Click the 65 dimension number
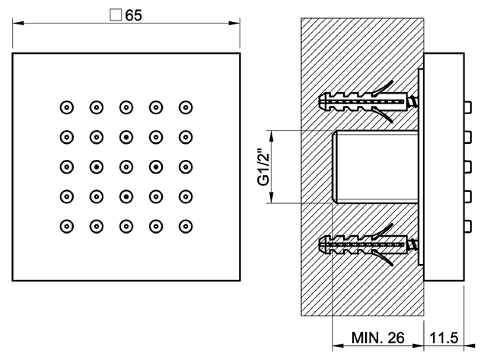(x=134, y=15)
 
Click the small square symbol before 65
(x=116, y=15)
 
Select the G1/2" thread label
(x=263, y=167)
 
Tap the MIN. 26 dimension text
(x=377, y=338)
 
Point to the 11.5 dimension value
(x=444, y=338)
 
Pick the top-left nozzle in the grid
(x=67, y=107)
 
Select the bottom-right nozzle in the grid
(x=186, y=227)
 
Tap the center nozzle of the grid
(x=126, y=167)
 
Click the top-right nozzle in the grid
(x=186, y=107)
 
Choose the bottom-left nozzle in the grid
(x=67, y=227)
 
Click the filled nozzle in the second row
(x=126, y=137)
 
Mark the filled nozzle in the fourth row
(x=126, y=196)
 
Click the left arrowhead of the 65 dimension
(x=18, y=24)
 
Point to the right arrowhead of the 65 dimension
(x=234, y=24)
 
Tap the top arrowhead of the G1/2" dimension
(x=272, y=136)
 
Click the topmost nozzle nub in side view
(x=468, y=107)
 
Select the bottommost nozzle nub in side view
(x=468, y=227)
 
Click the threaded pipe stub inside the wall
(x=375, y=167)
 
